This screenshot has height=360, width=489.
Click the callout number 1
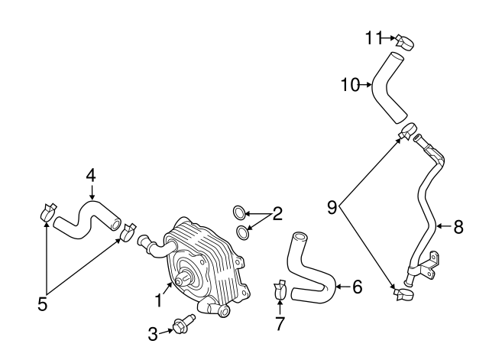click(159, 300)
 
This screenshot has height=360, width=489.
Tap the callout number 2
click(277, 213)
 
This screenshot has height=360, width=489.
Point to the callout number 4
click(91, 175)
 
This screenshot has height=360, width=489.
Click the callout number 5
click(43, 303)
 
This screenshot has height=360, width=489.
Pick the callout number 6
click(356, 287)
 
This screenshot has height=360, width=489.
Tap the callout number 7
click(280, 323)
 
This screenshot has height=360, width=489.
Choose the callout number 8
click(458, 226)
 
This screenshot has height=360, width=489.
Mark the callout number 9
click(332, 206)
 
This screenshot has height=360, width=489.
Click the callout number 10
click(349, 84)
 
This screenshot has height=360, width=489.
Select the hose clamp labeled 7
click(280, 290)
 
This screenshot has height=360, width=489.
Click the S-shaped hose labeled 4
click(85, 218)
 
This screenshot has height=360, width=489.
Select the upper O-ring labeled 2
click(238, 211)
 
